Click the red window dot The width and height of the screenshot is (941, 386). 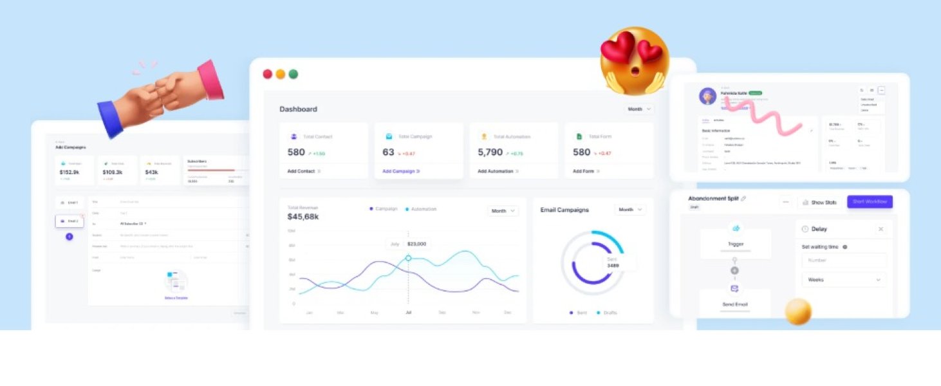tap(268, 74)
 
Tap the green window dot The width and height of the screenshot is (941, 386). tap(293, 74)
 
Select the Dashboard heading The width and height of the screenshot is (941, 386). tap(298, 109)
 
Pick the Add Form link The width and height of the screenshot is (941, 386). tap(586, 171)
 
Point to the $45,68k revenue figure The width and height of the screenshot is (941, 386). tap(303, 217)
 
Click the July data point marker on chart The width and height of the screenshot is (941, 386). tap(408, 258)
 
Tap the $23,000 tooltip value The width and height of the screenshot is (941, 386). tap(416, 244)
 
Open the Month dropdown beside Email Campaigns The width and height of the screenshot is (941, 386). tap(629, 210)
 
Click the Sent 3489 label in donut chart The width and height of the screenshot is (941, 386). tap(613, 262)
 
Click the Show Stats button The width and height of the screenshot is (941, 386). tap(819, 202)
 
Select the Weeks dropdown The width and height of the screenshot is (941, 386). tap(844, 280)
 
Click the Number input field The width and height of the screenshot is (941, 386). tap(844, 261)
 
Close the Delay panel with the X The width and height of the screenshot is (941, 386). tap(880, 229)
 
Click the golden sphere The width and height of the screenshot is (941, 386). tap(798, 312)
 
